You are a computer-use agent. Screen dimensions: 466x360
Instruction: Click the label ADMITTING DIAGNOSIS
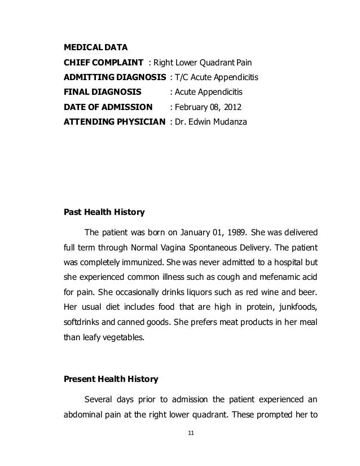click(114, 76)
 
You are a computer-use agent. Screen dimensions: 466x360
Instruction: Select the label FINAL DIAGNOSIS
click(100, 91)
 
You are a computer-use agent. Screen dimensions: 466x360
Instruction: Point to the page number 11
click(190, 433)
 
